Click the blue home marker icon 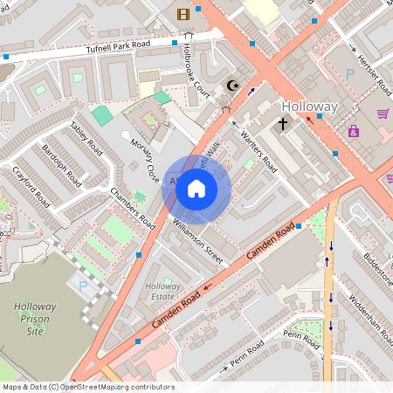pos(196,189)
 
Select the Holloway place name pos(309,107)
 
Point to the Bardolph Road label pos(62,165)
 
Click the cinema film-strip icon pos(183,13)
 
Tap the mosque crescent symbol pos(232,85)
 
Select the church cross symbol pos(282,124)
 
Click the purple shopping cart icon pos(383,114)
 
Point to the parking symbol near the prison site pos(84,285)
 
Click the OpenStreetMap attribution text pos(87,387)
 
